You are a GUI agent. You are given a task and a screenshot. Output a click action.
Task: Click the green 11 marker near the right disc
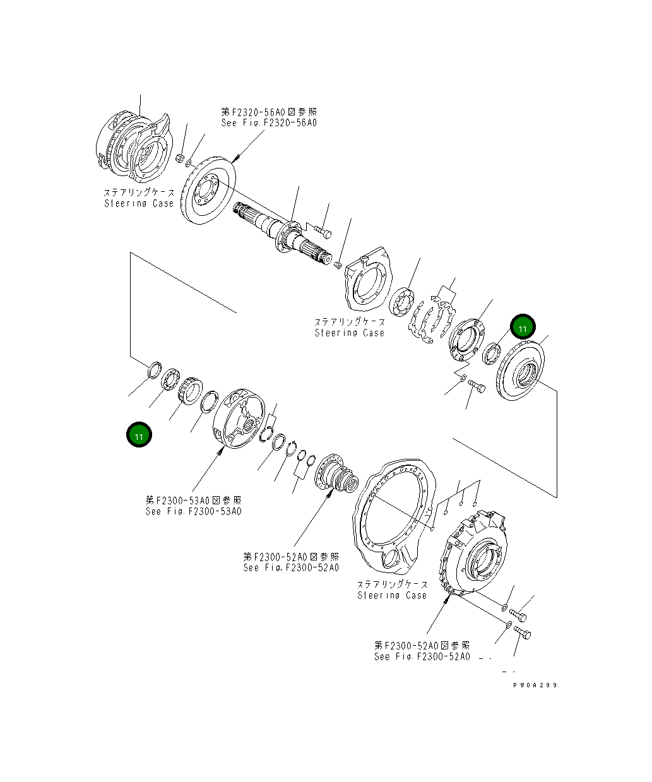click(x=523, y=328)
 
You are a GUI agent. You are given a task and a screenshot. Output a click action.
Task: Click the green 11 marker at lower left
click(x=139, y=435)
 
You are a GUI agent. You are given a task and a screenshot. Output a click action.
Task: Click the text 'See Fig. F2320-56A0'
click(x=269, y=122)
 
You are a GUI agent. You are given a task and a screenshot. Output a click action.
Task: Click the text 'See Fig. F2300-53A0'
click(x=193, y=511)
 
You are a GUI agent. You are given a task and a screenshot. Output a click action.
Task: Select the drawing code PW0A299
click(x=535, y=685)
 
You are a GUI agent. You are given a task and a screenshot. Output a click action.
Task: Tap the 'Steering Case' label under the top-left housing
click(x=139, y=203)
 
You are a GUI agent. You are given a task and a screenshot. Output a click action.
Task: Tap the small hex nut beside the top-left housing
click(x=179, y=158)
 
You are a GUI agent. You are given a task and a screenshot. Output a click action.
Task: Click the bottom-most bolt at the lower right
click(x=523, y=632)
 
